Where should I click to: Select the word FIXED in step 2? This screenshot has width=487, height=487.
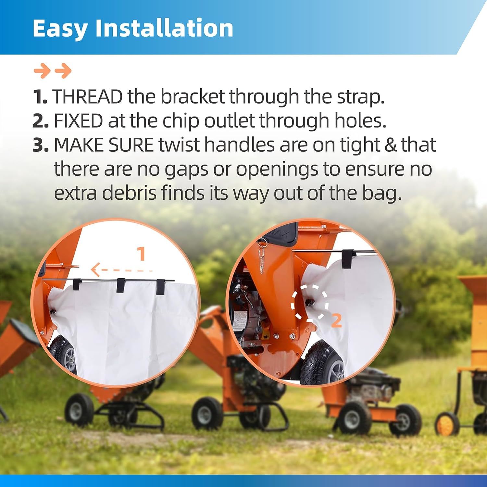tap(78, 121)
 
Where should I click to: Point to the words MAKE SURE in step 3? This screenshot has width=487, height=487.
tap(104, 145)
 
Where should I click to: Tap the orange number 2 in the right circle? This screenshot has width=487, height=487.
tap(337, 320)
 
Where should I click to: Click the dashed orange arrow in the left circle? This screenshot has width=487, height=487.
tap(121, 269)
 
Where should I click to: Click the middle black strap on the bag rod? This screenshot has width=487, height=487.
tap(121, 285)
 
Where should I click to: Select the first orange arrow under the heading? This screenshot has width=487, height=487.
tap(42, 71)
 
